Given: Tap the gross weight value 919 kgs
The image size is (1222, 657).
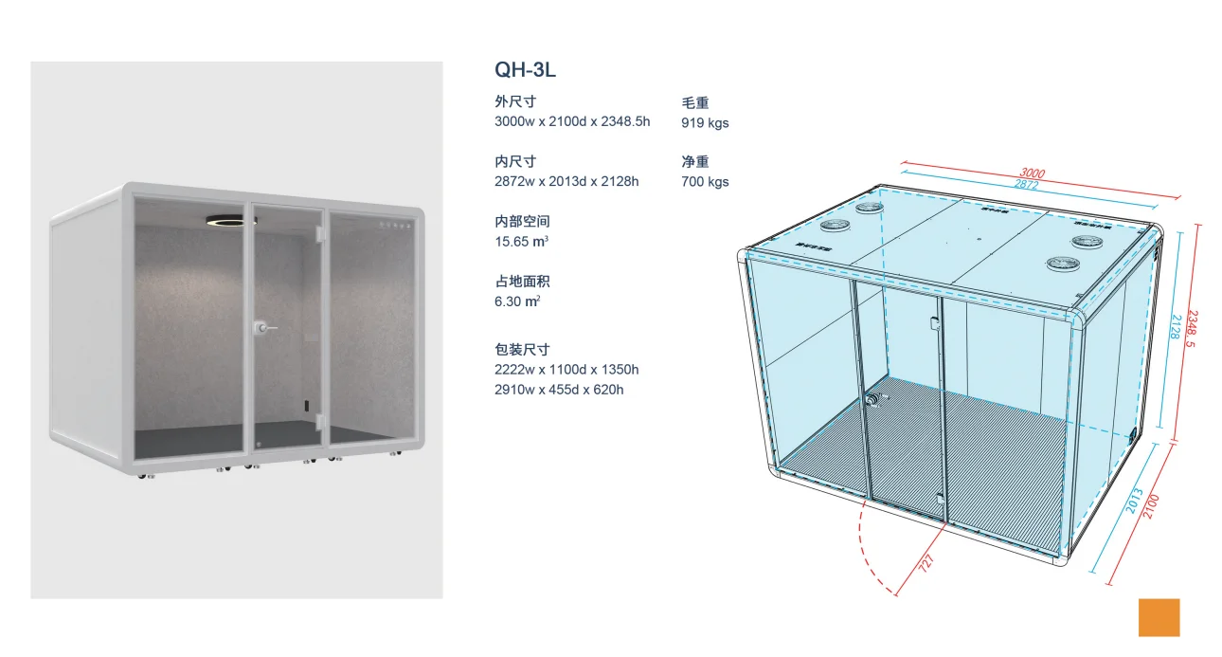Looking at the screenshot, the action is click(705, 123).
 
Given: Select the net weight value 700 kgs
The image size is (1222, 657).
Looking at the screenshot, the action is click(705, 182).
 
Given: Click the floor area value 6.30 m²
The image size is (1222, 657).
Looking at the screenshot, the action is click(517, 301).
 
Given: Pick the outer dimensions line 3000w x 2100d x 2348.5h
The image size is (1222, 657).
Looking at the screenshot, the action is click(572, 121).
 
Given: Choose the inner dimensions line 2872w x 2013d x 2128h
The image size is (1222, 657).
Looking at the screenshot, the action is click(566, 181).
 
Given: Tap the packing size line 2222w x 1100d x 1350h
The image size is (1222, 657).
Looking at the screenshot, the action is click(566, 370).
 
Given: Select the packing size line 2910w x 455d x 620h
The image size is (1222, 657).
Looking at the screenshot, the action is click(559, 390).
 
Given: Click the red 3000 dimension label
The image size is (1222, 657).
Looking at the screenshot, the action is click(1033, 173).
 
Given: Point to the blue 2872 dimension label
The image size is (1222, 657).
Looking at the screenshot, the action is click(1027, 185).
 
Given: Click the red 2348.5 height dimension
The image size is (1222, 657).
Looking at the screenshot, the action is click(1195, 329).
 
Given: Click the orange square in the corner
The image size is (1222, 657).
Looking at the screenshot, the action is click(1159, 617).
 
